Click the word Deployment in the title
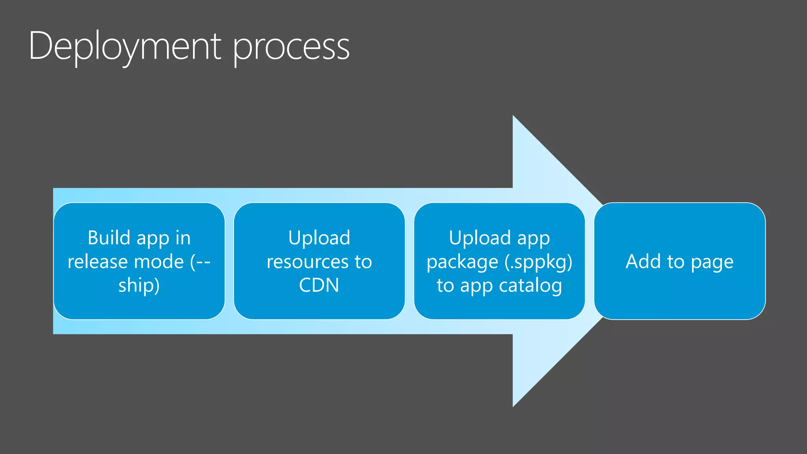[x=125, y=47]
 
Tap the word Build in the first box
[x=109, y=238]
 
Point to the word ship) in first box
[x=139, y=285]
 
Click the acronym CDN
[x=319, y=285]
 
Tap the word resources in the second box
[x=308, y=262]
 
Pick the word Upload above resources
[x=319, y=238]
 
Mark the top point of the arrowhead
[x=513, y=117]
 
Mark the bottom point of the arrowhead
[x=513, y=406]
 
